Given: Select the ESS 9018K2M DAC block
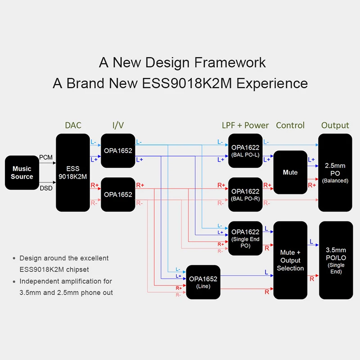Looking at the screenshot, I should [72, 172].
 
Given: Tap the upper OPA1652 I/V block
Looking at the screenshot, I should [118, 150].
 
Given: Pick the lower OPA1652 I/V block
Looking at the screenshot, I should [118, 194].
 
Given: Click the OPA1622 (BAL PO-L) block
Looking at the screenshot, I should [245, 150].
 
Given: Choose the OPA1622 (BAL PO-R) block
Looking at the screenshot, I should [245, 194].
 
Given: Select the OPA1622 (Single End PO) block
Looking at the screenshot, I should [245, 238].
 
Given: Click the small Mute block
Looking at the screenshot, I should [290, 172].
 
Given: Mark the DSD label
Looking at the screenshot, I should [46, 188].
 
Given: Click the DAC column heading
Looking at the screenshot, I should [73, 125].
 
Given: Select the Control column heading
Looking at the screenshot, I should [290, 125].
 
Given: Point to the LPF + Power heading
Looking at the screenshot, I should [245, 125].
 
